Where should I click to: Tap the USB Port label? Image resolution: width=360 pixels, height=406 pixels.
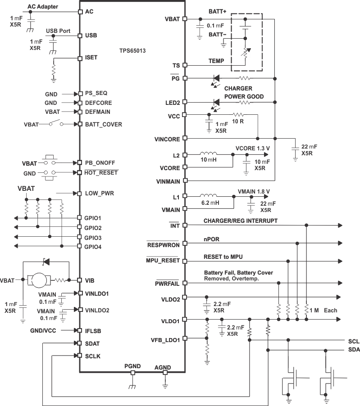pyautogui.click(x=58, y=31)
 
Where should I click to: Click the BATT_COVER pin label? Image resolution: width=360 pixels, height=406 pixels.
pyautogui.click(x=103, y=124)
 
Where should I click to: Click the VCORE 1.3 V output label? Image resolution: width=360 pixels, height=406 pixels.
pyautogui.click(x=253, y=148)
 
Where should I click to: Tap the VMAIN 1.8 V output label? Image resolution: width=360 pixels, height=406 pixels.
pyautogui.click(x=254, y=191)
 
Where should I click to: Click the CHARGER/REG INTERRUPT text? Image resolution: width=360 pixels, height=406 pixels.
pyautogui.click(x=241, y=221)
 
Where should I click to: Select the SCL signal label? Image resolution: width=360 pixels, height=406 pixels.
pyautogui.click(x=353, y=341)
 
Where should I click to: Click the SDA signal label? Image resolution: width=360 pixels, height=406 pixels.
pyautogui.click(x=353, y=350)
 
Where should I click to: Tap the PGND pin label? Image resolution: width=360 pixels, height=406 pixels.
pyautogui.click(x=132, y=366)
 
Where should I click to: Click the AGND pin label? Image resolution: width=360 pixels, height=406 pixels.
pyautogui.click(x=163, y=367)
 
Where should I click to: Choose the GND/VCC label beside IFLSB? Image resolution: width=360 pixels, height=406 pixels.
pyautogui.click(x=43, y=330)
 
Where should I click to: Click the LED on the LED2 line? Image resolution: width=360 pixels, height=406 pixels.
pyautogui.click(x=216, y=103)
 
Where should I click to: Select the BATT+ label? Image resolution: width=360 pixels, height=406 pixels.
pyautogui.click(x=217, y=10)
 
